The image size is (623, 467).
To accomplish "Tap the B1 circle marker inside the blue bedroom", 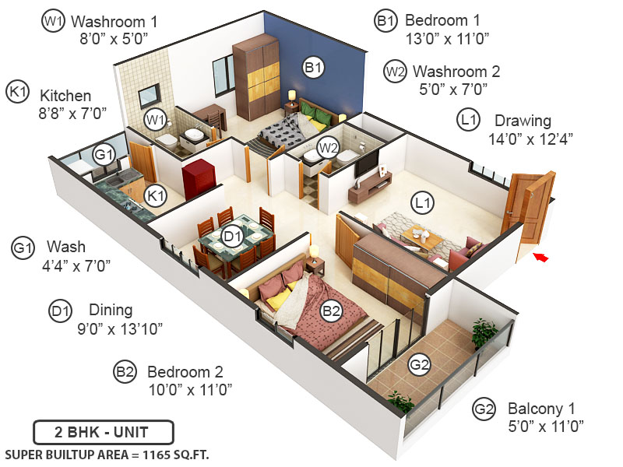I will click(313, 68).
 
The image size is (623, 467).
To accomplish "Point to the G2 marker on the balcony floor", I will click(420, 364).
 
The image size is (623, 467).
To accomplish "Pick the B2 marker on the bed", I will click(332, 311).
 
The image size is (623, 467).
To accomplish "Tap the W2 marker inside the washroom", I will click(327, 146).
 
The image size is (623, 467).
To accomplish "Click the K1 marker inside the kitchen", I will click(157, 195).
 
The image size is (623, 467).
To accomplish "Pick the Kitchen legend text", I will click(66, 95).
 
